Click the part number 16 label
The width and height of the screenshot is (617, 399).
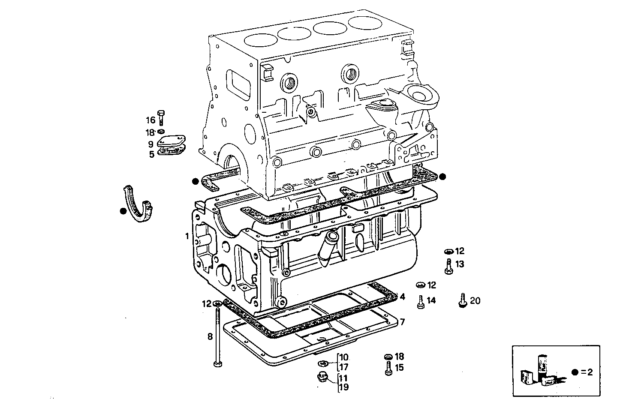click(150, 120)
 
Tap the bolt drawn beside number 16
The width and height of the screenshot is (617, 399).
click(161, 116)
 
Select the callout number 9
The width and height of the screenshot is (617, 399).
click(151, 145)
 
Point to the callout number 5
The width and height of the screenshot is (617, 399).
click(151, 154)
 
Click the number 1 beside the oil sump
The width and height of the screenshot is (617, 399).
click(187, 236)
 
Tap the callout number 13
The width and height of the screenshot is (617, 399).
click(460, 264)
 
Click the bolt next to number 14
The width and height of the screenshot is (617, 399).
click(421, 302)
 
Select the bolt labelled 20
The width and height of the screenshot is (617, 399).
click(462, 300)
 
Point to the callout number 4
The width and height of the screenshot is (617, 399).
click(402, 297)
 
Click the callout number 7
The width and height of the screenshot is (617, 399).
click(402, 321)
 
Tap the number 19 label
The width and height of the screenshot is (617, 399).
click(344, 387)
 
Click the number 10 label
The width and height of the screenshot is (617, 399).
click(344, 357)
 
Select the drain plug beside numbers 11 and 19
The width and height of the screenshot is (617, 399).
click(321, 378)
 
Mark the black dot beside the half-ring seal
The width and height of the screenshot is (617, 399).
click(123, 211)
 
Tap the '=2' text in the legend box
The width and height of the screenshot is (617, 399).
click(587, 372)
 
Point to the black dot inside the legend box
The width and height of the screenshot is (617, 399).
click(575, 372)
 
